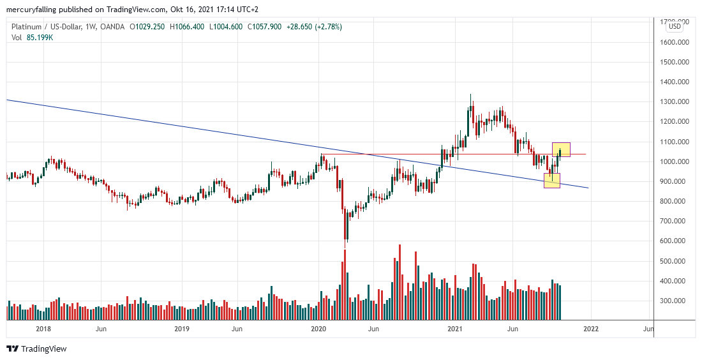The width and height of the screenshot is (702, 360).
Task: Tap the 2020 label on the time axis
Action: (x=318, y=329)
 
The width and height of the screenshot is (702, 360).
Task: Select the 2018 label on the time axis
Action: (x=43, y=329)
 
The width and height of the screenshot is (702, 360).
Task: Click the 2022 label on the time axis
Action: (x=591, y=329)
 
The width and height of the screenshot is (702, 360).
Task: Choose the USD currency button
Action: (x=675, y=26)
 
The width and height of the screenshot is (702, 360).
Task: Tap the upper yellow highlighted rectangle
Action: (x=561, y=149)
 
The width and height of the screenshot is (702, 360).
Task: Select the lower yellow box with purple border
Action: (x=552, y=181)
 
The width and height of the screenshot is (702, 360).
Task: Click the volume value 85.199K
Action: (x=39, y=38)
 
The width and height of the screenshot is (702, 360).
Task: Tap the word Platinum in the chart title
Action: (x=27, y=27)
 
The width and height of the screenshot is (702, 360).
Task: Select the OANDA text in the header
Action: (x=112, y=27)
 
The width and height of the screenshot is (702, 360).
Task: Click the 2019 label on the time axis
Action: (x=182, y=329)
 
